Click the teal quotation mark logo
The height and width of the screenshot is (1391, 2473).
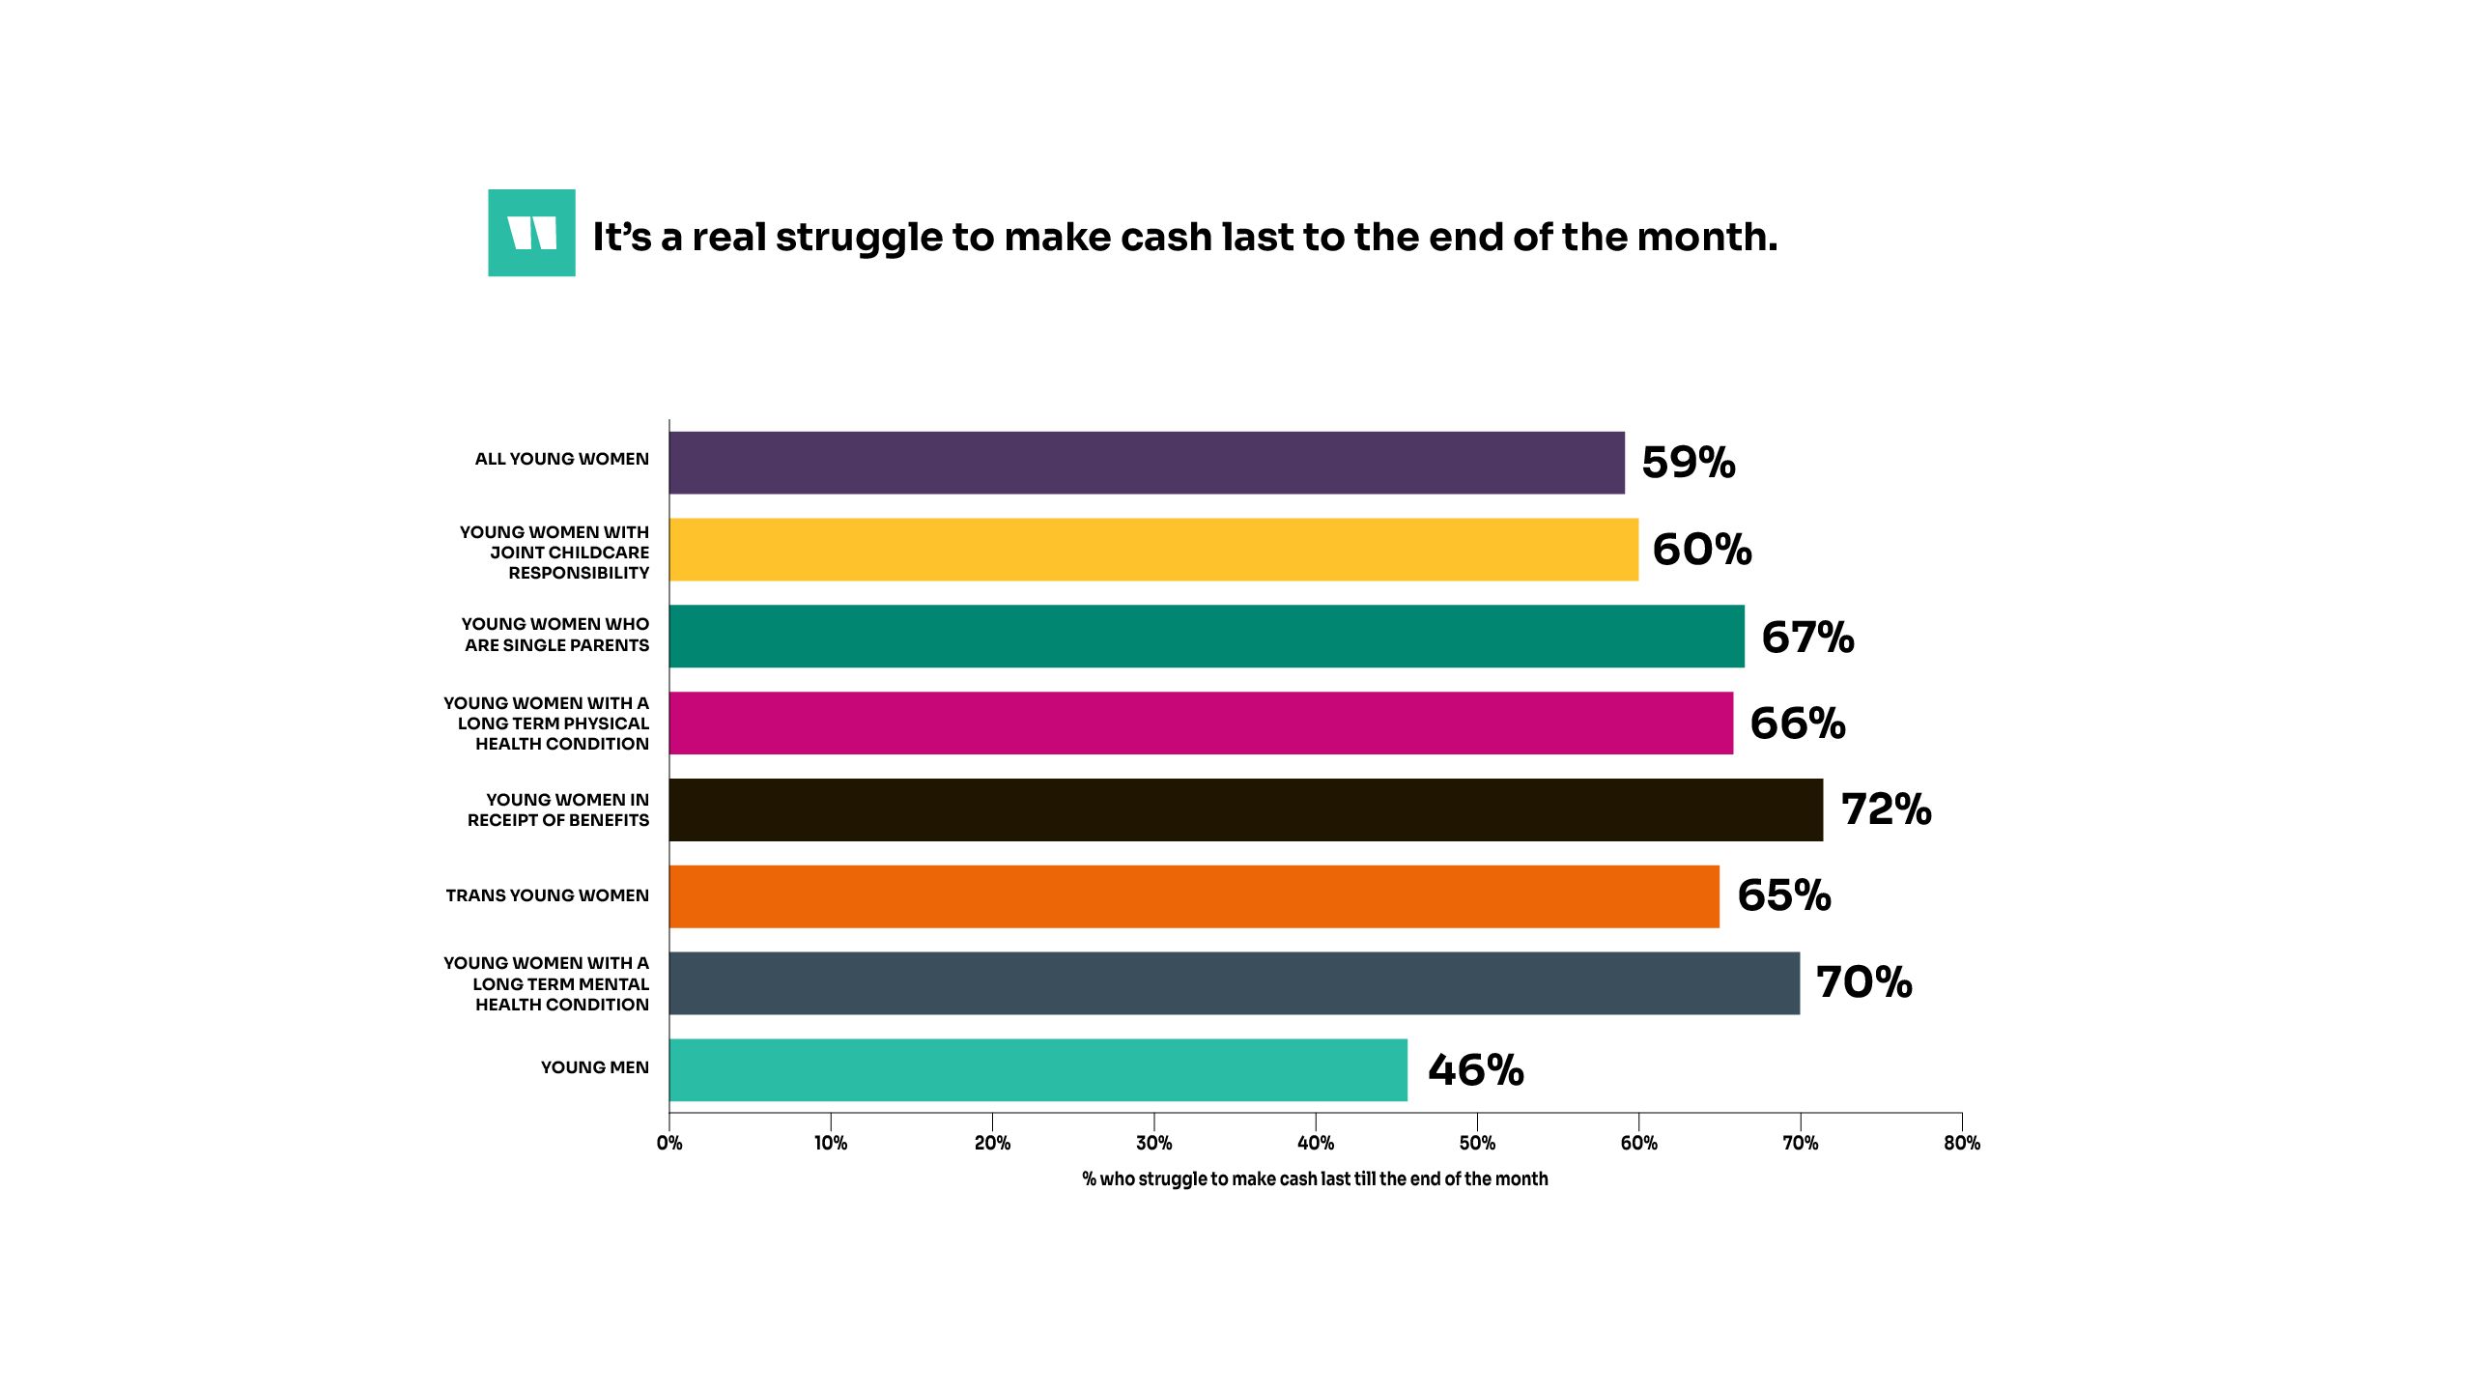tap(531, 233)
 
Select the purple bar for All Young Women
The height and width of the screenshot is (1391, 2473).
tap(1147, 463)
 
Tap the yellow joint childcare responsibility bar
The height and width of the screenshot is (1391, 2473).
tap(1153, 550)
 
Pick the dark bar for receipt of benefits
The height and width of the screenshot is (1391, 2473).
tap(1246, 809)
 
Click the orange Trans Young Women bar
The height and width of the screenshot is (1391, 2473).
tap(1194, 896)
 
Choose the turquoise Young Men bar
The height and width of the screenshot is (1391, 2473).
tap(1038, 1069)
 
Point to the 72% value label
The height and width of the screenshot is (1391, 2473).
tap(1886, 809)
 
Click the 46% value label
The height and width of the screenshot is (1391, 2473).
tap(1475, 1070)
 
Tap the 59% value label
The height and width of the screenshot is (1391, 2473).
tap(1688, 463)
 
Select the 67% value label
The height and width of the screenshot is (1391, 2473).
tap(1807, 638)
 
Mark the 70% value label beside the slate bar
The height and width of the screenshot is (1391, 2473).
tap(1863, 982)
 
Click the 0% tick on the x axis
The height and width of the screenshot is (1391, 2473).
tap(669, 1144)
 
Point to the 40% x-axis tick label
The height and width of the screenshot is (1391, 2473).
tap(1316, 1144)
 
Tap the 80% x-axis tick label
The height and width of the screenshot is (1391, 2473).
tap(1962, 1144)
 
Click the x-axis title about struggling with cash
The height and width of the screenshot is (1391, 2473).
tap(1315, 1179)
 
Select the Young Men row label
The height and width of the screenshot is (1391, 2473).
tap(594, 1067)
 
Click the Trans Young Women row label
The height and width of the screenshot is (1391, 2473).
tap(547, 895)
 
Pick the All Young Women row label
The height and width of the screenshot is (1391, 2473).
tap(561, 459)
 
